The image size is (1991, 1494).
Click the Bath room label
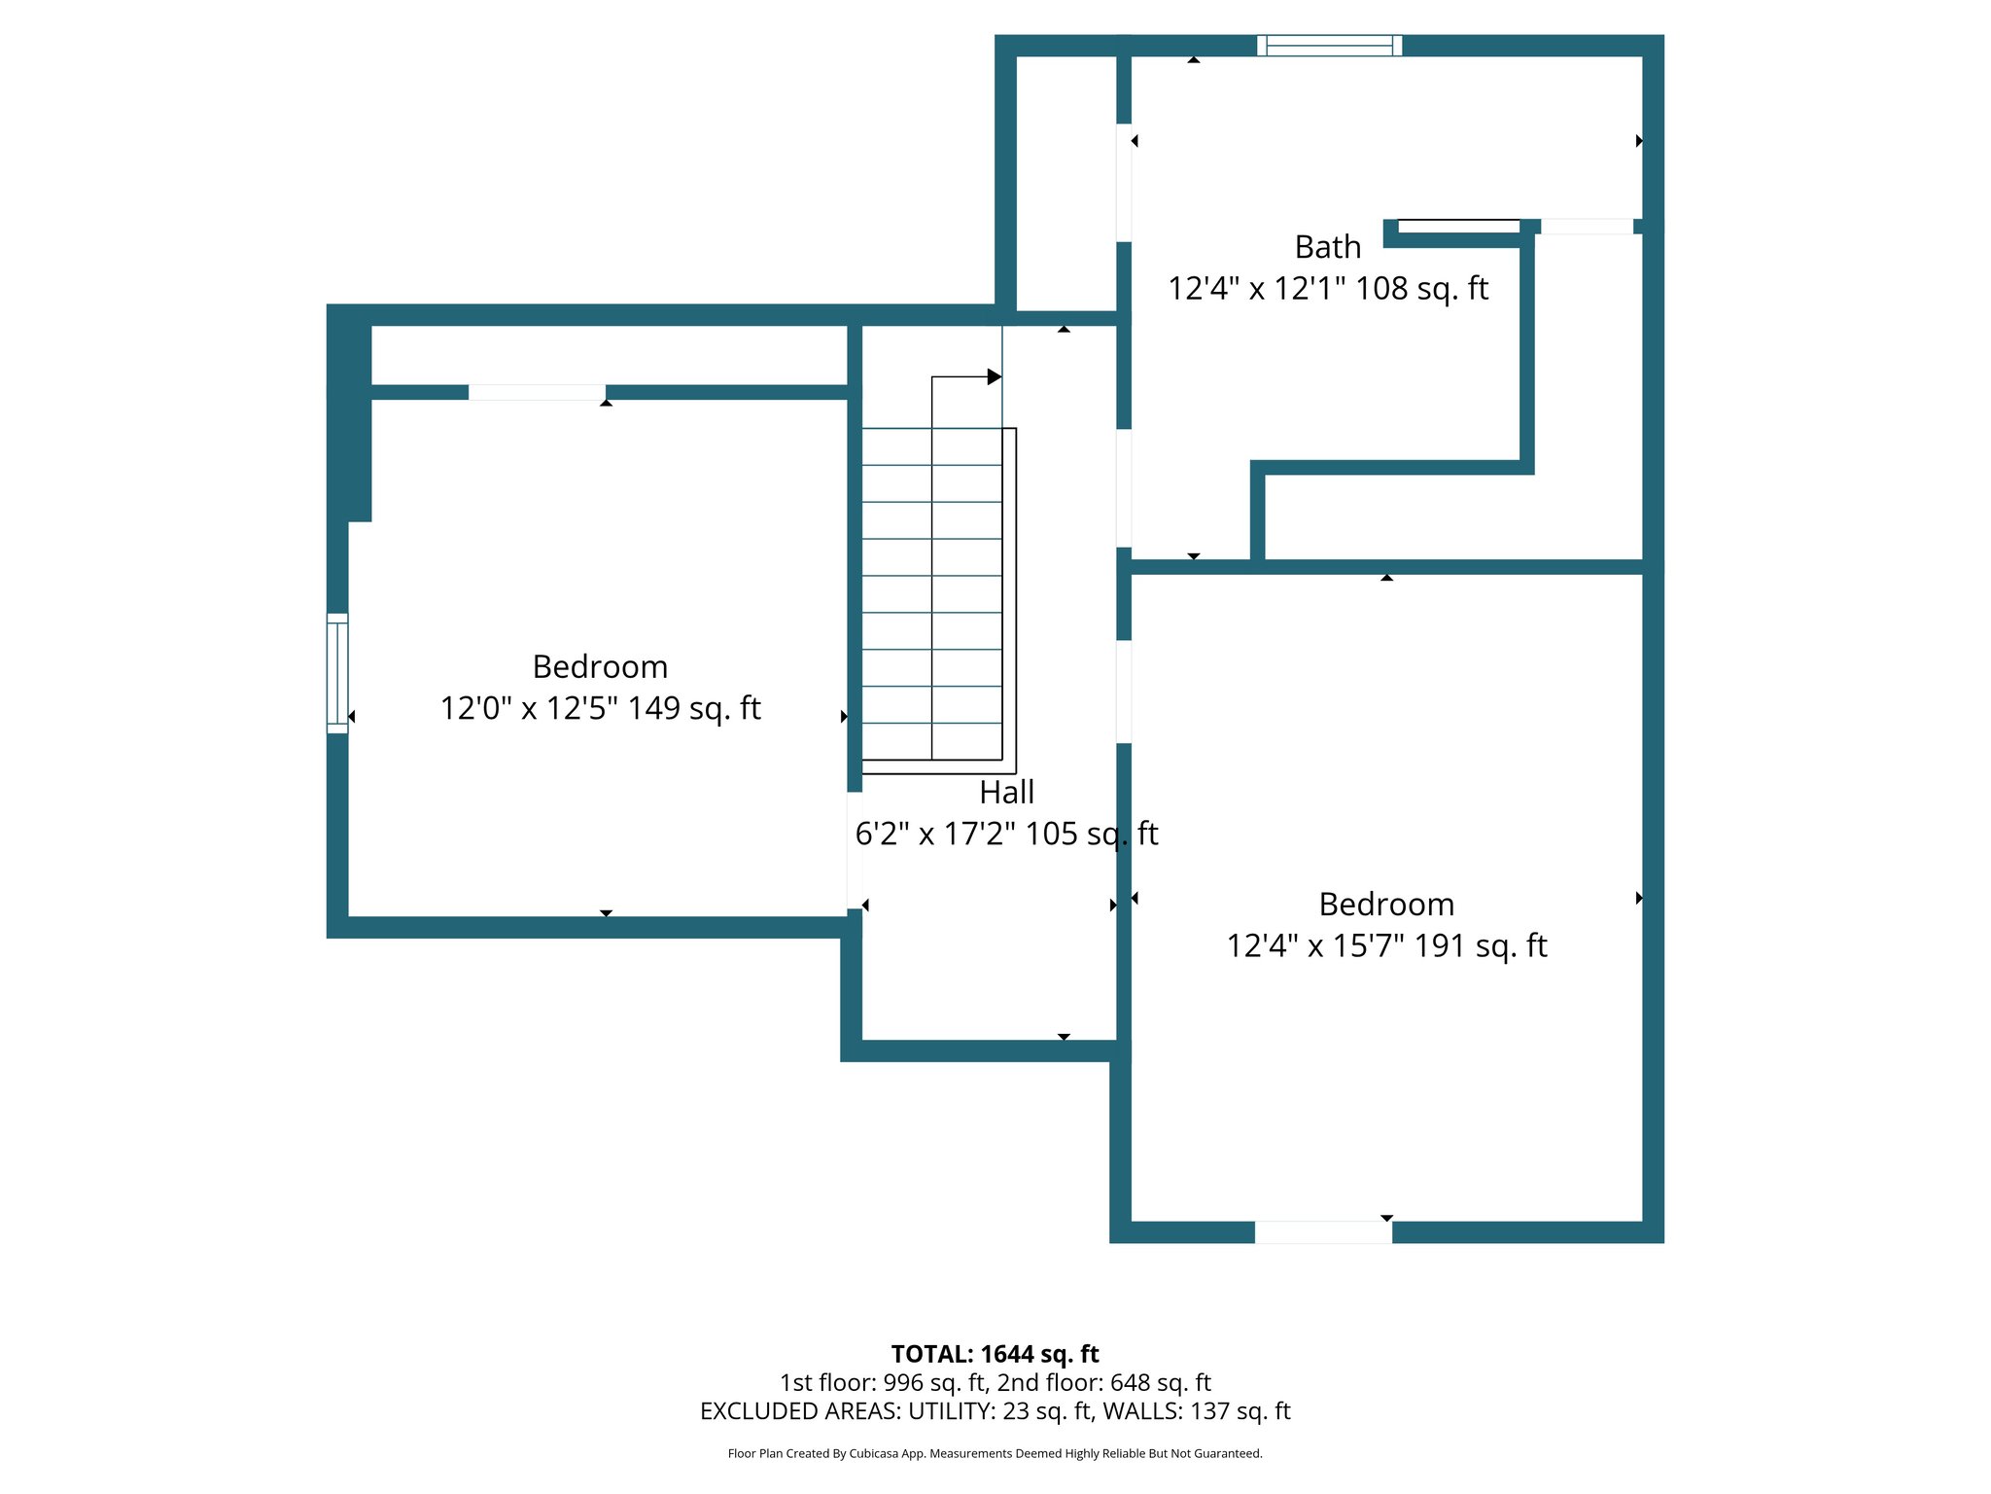coord(1327,247)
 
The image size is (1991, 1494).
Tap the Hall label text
coord(1006,793)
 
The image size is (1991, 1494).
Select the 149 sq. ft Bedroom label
coord(600,667)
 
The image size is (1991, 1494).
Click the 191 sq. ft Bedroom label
coord(1385,905)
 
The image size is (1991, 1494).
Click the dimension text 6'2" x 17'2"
coord(932,834)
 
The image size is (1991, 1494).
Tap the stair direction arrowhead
coord(994,376)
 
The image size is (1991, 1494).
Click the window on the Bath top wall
coord(1328,45)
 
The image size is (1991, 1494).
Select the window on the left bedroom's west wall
coord(337,673)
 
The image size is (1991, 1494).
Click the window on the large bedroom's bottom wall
coord(1322,1232)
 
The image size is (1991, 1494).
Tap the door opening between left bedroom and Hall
coord(855,850)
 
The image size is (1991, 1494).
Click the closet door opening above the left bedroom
coord(537,392)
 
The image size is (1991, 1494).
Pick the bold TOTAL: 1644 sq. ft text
coord(995,1354)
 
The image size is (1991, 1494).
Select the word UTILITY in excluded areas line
coord(952,1410)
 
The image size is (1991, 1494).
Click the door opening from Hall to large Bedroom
coord(1123,692)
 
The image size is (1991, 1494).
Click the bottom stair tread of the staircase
coord(931,741)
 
